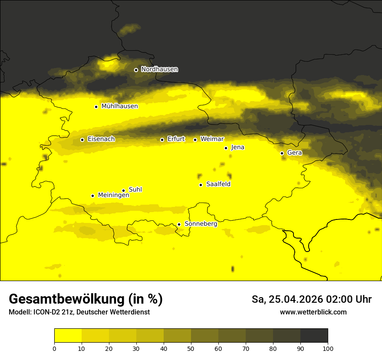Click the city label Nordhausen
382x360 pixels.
tap(159, 69)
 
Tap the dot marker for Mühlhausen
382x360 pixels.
tap(96, 107)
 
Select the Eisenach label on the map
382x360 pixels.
tap(101, 139)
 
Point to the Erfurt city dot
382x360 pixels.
tap(162, 140)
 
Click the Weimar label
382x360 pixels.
tap(212, 139)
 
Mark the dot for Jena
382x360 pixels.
tap(226, 148)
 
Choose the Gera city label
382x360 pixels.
tap(294, 153)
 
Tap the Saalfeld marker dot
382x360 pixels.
tap(201, 185)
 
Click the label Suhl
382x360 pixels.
tap(135, 190)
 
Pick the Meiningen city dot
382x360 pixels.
tap(92, 196)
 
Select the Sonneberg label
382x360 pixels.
tap(201, 224)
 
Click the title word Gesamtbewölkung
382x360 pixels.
tap(66, 299)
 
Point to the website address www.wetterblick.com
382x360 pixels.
tap(313, 312)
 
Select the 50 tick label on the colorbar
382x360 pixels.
tap(191, 348)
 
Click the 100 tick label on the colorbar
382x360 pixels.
tap(328, 348)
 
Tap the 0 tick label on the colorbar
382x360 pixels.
tap(54, 348)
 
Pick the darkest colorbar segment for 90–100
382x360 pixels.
tap(314, 335)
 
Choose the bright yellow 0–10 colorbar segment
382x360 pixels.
tap(68, 335)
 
